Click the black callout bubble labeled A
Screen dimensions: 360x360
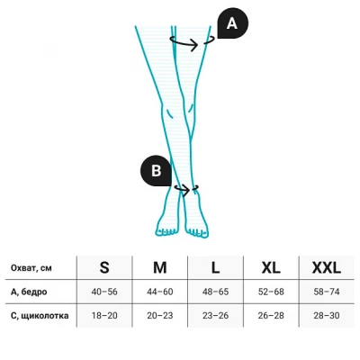pyautogui.click(x=232, y=23)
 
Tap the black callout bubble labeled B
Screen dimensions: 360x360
pyautogui.click(x=157, y=171)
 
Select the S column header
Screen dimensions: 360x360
pyautogui.click(x=104, y=267)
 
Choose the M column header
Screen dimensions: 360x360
pyautogui.click(x=160, y=267)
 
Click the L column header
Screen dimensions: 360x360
pyautogui.click(x=215, y=267)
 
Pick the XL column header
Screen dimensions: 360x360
pyautogui.click(x=271, y=267)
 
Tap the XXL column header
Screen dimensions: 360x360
pyautogui.click(x=327, y=267)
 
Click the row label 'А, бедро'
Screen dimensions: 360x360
pyautogui.click(x=29, y=292)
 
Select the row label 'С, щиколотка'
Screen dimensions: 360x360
pyautogui.click(x=40, y=316)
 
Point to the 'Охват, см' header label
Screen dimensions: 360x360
pyautogui.click(x=31, y=268)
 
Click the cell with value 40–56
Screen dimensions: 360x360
pyautogui.click(x=104, y=292)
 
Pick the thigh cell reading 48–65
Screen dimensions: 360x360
pyautogui.click(x=215, y=292)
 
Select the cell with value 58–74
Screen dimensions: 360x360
pyautogui.click(x=327, y=292)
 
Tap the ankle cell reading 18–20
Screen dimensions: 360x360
pyautogui.click(x=104, y=316)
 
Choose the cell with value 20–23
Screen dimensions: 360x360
pyautogui.click(x=160, y=316)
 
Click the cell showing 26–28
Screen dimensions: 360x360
pyautogui.click(x=271, y=316)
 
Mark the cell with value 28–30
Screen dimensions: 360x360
pyautogui.click(x=327, y=316)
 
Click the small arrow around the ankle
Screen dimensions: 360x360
pyautogui.click(x=184, y=190)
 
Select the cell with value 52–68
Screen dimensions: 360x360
pyautogui.click(x=271, y=292)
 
